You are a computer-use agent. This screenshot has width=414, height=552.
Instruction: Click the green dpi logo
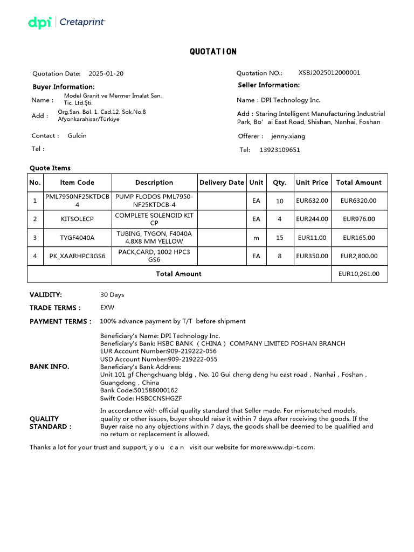tap(39, 23)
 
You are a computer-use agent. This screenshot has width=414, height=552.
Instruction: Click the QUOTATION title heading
tap(213, 52)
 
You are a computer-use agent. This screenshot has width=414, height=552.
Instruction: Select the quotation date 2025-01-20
tap(106, 74)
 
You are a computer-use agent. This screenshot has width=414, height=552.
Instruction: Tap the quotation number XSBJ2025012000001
tap(329, 73)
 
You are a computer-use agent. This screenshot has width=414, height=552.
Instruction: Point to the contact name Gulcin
tap(77, 136)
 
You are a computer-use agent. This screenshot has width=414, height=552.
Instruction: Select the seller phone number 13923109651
tap(280, 150)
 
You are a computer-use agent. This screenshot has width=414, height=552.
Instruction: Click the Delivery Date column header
tap(222, 183)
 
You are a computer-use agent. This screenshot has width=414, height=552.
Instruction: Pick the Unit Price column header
tap(312, 183)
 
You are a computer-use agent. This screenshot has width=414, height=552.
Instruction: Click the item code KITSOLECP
tap(77, 219)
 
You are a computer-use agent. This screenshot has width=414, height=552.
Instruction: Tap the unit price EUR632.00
tap(313, 201)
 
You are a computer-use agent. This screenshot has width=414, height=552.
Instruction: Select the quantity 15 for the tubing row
tap(279, 238)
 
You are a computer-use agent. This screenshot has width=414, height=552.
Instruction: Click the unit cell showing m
tap(256, 238)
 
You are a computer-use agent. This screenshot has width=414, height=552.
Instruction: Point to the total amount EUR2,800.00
tap(358, 256)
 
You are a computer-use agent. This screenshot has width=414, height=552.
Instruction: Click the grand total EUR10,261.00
tap(358, 274)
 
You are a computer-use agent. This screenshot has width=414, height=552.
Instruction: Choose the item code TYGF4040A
tap(77, 238)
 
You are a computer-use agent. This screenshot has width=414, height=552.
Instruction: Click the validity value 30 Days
tap(112, 295)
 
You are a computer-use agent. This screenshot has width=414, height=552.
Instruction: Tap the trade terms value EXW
tap(107, 308)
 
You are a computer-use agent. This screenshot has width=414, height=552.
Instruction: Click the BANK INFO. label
tap(49, 367)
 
